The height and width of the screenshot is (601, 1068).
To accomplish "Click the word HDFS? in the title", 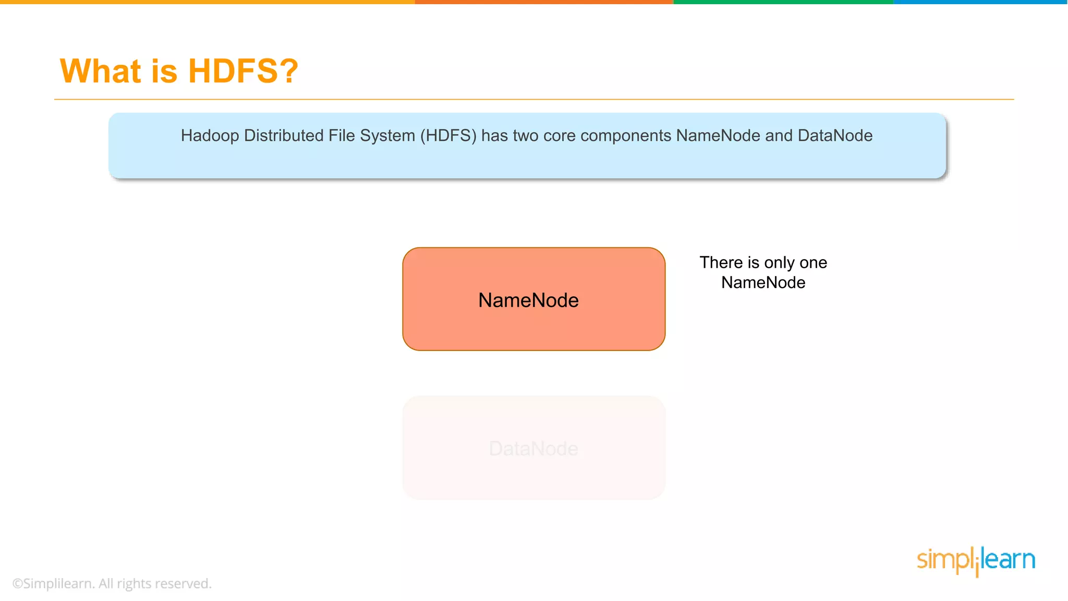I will coord(243,71).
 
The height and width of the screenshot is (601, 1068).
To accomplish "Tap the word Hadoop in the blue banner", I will coord(210,136).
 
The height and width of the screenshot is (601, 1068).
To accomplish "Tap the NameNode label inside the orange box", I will coord(528,300).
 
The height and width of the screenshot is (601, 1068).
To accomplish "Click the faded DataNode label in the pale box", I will coord(533,449).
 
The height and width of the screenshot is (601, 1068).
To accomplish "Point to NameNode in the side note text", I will coord(763,283).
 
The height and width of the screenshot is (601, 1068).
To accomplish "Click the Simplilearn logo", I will coord(976,560).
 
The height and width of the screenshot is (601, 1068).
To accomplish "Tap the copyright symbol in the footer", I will coord(18,584).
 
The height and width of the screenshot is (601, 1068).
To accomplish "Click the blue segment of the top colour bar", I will coord(980,2).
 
